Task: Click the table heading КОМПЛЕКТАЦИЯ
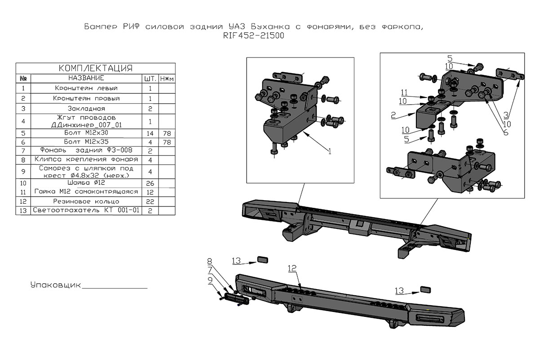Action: click(96, 68)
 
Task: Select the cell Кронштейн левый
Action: click(86, 88)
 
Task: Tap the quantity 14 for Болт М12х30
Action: click(150, 133)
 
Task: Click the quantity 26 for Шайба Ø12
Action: click(150, 183)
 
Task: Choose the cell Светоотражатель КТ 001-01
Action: click(86, 210)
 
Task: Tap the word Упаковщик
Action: click(55, 285)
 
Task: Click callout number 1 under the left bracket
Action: click(329, 152)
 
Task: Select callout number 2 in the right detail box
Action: click(393, 116)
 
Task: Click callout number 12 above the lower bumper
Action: click(292, 268)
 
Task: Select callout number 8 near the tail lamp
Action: click(209, 261)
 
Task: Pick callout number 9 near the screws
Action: click(210, 280)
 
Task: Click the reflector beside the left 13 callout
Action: click(262, 259)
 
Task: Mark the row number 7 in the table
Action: click(23, 150)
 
